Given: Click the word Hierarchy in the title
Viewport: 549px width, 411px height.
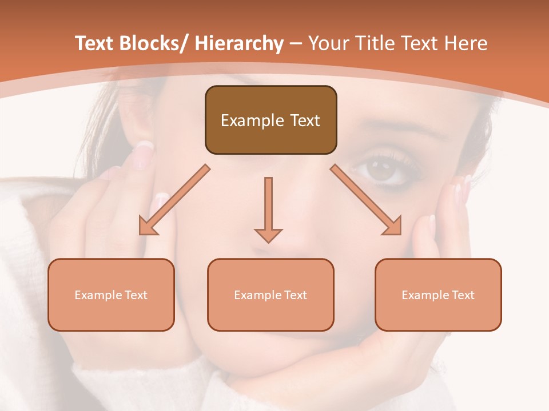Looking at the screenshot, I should click(x=239, y=43).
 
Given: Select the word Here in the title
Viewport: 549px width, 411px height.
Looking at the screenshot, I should click(x=466, y=43).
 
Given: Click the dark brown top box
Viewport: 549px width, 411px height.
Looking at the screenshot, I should click(x=270, y=120).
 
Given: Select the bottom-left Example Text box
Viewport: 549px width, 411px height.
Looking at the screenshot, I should click(x=111, y=295).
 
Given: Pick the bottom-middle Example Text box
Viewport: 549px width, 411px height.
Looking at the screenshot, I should click(x=270, y=295).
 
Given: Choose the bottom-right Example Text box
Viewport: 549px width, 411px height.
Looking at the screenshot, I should click(x=438, y=295).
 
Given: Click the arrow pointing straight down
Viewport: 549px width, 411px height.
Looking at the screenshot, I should click(x=268, y=208).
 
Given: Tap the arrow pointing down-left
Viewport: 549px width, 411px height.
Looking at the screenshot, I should click(x=174, y=200).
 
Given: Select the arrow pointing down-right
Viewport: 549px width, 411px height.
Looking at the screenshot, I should click(x=366, y=200).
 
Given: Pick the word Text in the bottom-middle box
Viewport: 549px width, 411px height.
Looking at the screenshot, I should click(x=296, y=295).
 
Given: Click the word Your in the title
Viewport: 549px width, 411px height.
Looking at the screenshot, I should click(x=329, y=43).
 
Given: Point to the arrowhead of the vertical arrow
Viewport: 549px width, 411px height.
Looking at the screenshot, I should click(x=268, y=235).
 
